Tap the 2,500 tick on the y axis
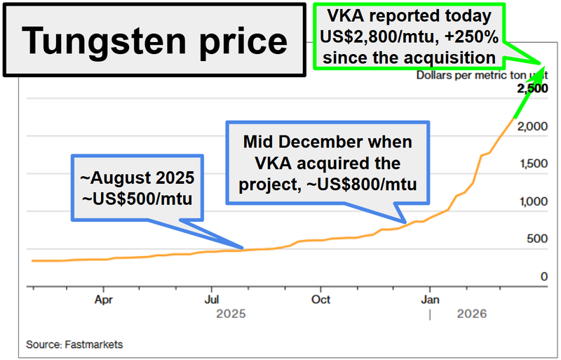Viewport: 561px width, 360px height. pos(532,89)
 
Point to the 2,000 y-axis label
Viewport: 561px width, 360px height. pos(532,127)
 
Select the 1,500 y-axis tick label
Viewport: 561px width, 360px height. pos(532,164)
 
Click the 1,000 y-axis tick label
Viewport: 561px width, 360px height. pos(532,202)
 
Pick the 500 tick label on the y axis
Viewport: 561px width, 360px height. pos(536,239)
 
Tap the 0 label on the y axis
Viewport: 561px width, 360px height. pos(543,277)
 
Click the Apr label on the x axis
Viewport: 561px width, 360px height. pos(104,299)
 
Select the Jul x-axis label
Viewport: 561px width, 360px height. pos(212,299)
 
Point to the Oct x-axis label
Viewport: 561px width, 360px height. pos(320,299)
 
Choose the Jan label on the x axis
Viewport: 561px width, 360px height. pos(430,299)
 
